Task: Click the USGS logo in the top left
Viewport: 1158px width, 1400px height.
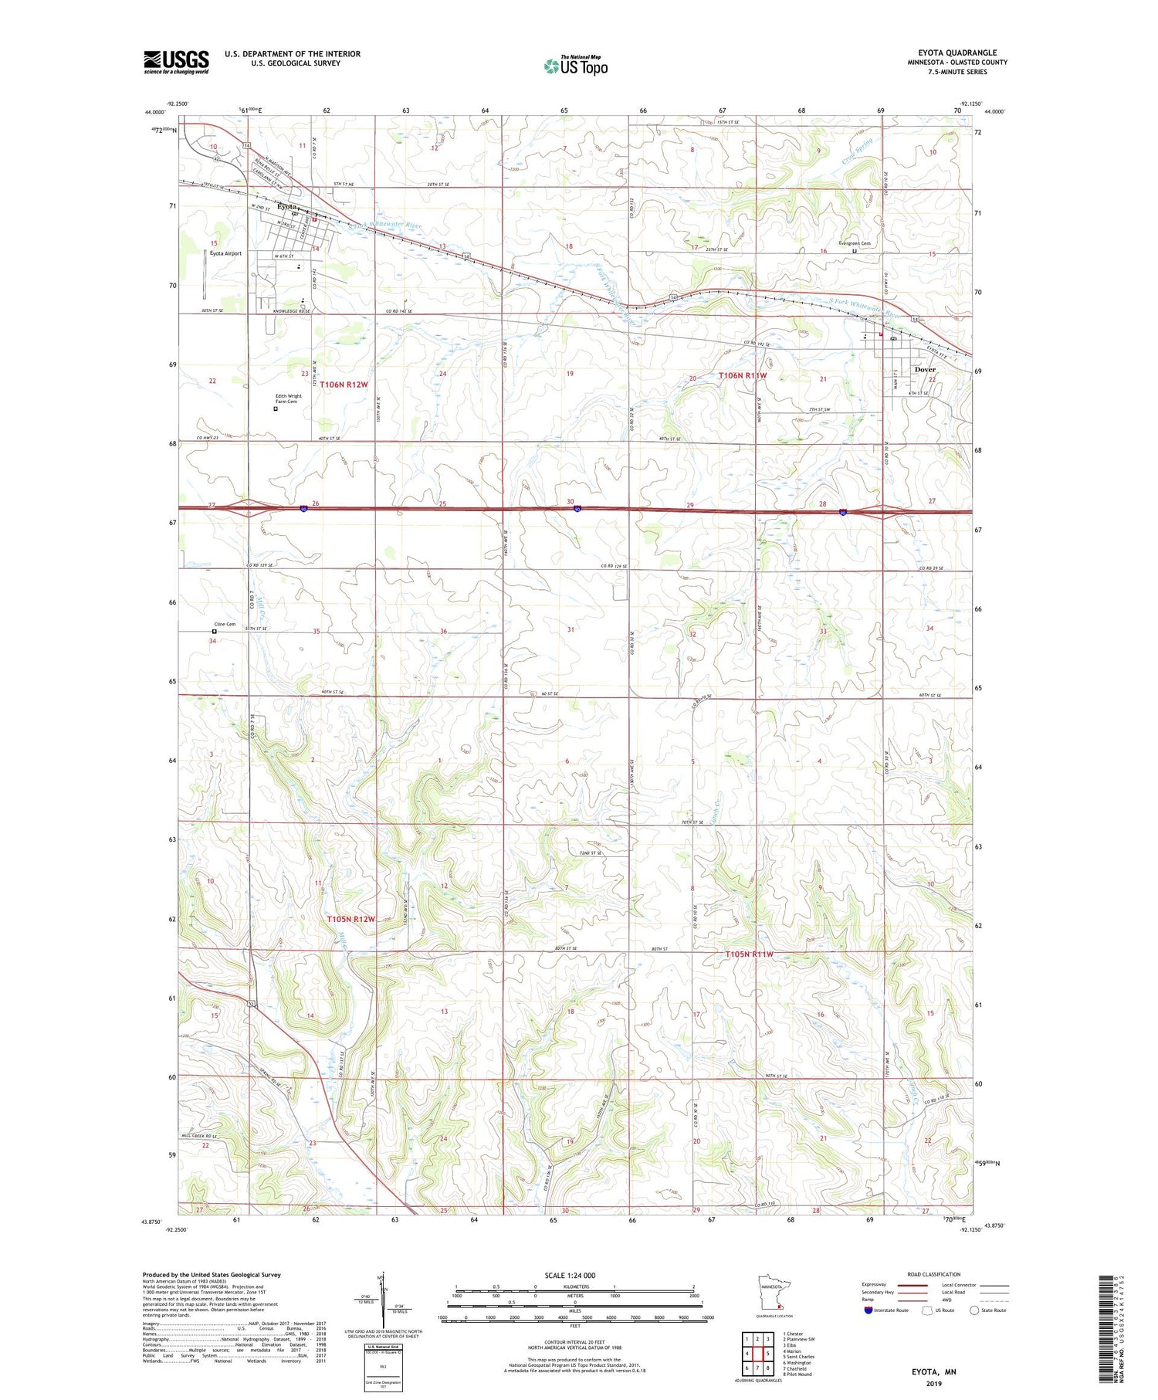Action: click(x=176, y=62)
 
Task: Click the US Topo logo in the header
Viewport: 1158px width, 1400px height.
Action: click(x=575, y=66)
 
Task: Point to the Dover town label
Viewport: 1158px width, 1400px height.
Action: click(x=924, y=369)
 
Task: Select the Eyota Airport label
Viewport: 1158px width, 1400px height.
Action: click(x=225, y=253)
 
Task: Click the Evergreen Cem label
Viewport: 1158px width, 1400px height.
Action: click(x=855, y=243)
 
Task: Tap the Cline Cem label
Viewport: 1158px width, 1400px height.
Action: click(x=225, y=624)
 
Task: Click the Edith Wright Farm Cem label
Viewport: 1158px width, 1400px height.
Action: click(x=289, y=398)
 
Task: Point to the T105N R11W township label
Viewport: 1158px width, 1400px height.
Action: click(x=749, y=954)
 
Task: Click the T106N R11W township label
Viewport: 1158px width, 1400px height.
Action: click(x=743, y=375)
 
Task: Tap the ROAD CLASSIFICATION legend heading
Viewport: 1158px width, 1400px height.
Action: click(x=934, y=1274)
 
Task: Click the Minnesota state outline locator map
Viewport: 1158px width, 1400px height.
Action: click(x=774, y=1294)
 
